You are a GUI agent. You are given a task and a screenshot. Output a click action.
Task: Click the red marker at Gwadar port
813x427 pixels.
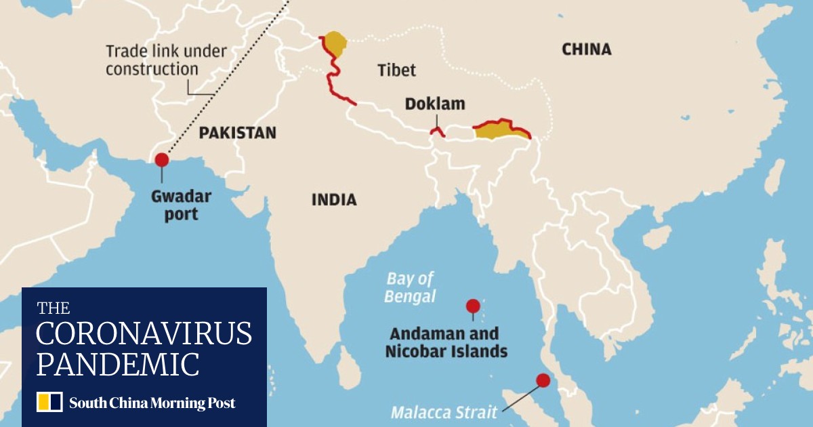(x=161, y=160)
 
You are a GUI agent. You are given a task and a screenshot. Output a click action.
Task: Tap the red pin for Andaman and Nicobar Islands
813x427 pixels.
(x=473, y=306)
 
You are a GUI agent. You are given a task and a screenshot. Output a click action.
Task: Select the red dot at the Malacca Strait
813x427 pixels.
(x=543, y=380)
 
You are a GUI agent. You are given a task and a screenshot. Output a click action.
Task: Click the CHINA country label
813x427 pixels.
(x=586, y=49)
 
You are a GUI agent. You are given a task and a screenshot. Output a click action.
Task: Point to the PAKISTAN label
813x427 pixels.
(x=237, y=133)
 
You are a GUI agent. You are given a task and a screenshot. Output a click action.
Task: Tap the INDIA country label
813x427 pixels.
(x=333, y=200)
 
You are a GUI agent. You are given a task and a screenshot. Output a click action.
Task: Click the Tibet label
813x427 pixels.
(x=396, y=70)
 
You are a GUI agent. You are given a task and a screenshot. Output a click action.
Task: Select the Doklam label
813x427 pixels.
(x=435, y=104)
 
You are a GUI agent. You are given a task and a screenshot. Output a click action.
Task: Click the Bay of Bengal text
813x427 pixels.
(x=411, y=287)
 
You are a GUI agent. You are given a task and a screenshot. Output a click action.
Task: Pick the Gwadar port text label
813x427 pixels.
(x=181, y=205)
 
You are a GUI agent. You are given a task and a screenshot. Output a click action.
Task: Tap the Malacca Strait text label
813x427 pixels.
(x=444, y=411)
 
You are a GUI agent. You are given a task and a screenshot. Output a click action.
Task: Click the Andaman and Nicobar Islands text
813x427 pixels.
(x=446, y=342)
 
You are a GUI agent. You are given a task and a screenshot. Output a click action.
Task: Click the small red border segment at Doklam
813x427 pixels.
(x=437, y=131)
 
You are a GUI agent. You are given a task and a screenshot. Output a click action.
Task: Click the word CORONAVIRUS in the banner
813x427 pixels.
(x=144, y=334)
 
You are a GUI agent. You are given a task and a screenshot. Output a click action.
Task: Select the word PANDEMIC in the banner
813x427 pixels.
(x=118, y=364)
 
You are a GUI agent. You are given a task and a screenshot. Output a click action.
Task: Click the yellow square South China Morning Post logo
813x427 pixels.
(x=49, y=402)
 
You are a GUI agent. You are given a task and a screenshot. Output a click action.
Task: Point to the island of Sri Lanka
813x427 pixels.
(x=349, y=372)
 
